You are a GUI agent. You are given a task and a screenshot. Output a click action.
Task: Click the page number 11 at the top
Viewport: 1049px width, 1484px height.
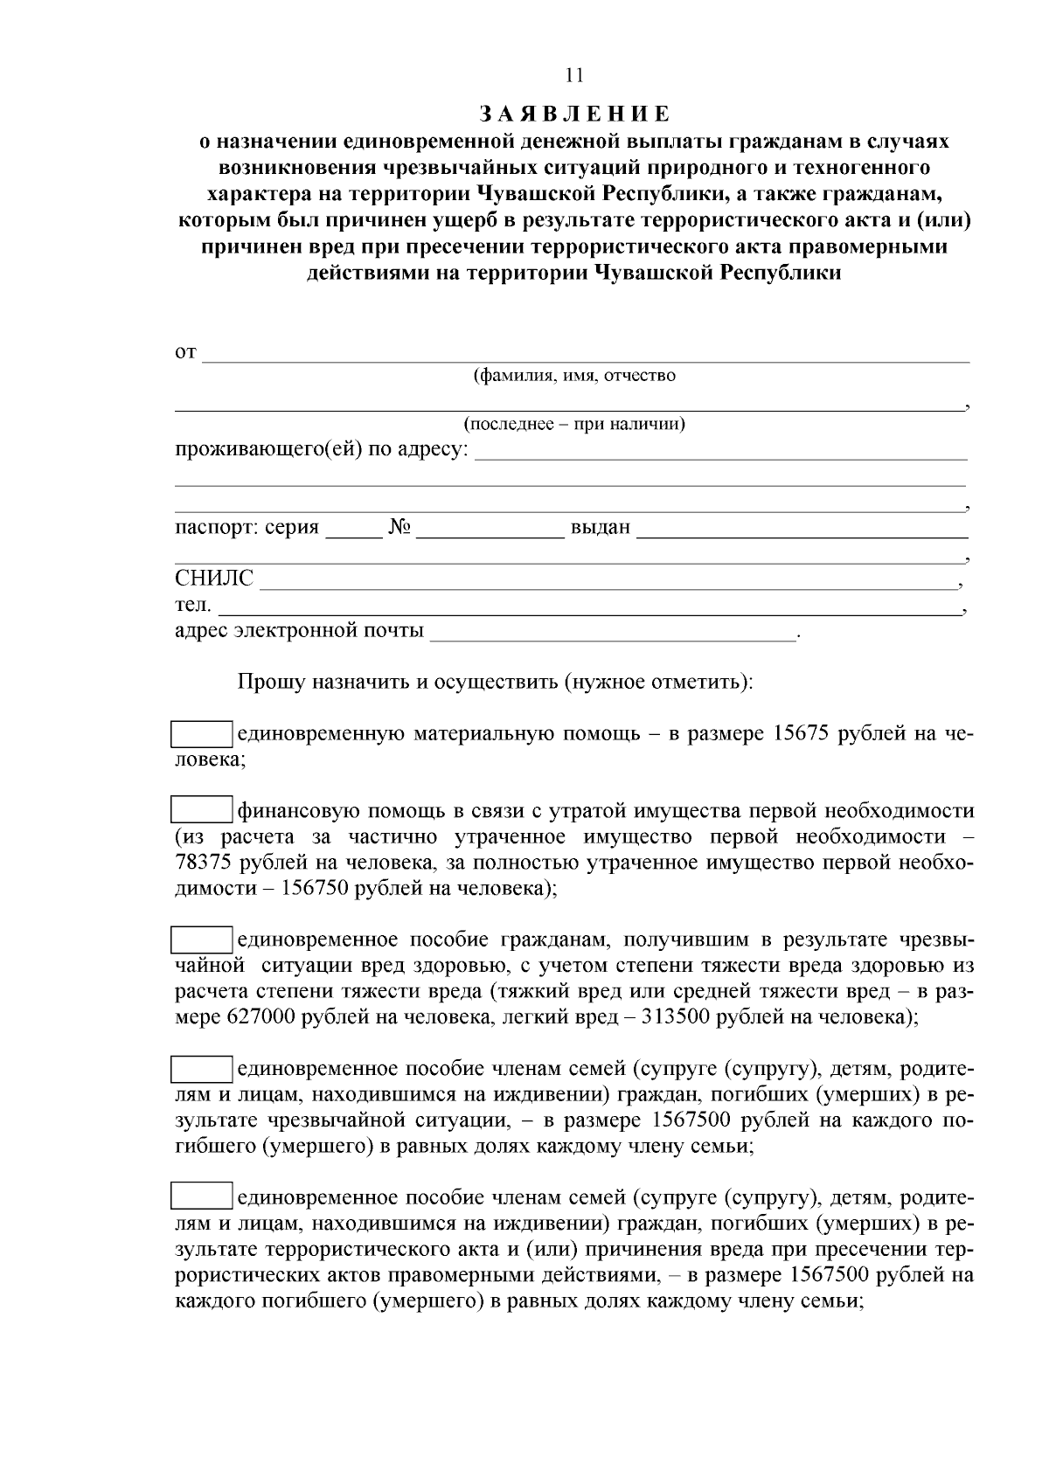pyautogui.click(x=573, y=76)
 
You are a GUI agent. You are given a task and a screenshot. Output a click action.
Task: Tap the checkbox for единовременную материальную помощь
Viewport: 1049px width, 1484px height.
pyautogui.click(x=200, y=734)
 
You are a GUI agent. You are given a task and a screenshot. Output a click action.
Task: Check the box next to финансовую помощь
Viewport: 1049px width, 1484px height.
pyautogui.click(x=200, y=810)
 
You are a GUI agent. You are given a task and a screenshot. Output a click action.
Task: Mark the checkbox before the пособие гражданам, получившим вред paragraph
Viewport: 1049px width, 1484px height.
pyautogui.click(x=200, y=940)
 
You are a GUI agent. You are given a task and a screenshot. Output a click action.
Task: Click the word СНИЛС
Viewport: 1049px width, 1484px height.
pyautogui.click(x=213, y=579)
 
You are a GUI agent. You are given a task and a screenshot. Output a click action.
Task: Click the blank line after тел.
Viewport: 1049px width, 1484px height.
pyautogui.click(x=586, y=608)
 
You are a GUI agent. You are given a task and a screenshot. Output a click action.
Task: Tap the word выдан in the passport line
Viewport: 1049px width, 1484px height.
pyautogui.click(x=600, y=528)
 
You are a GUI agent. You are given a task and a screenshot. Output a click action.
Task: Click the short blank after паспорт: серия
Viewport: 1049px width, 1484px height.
pyautogui.click(x=354, y=532)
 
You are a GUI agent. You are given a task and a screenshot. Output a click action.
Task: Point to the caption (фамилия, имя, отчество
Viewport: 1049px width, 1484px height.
pyautogui.click(x=573, y=376)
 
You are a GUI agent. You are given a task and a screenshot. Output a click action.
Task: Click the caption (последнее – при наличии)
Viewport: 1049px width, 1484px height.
pyautogui.click(x=573, y=425)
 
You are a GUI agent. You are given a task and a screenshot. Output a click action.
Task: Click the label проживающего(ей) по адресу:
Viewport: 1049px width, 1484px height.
pyautogui.click(x=321, y=451)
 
